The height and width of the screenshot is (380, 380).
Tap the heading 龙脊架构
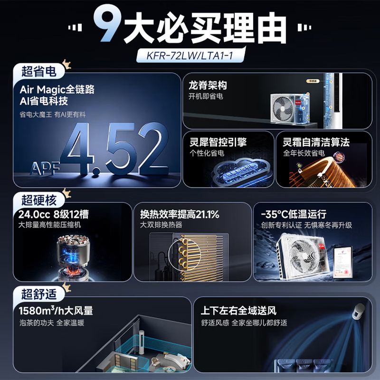pos(208,86)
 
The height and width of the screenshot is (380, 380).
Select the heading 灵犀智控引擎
pos(218,142)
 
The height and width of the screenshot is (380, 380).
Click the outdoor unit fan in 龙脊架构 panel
pos(284,109)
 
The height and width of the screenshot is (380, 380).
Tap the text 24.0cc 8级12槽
pos(55,214)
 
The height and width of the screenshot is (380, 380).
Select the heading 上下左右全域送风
pos(238,311)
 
